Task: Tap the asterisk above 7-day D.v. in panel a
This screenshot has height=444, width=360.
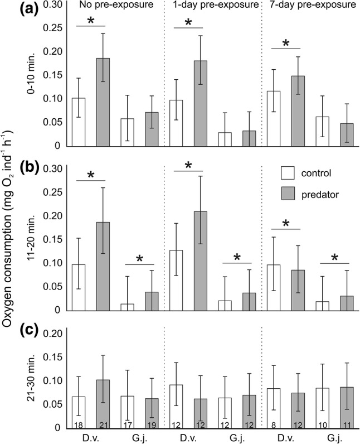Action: pos(285,42)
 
